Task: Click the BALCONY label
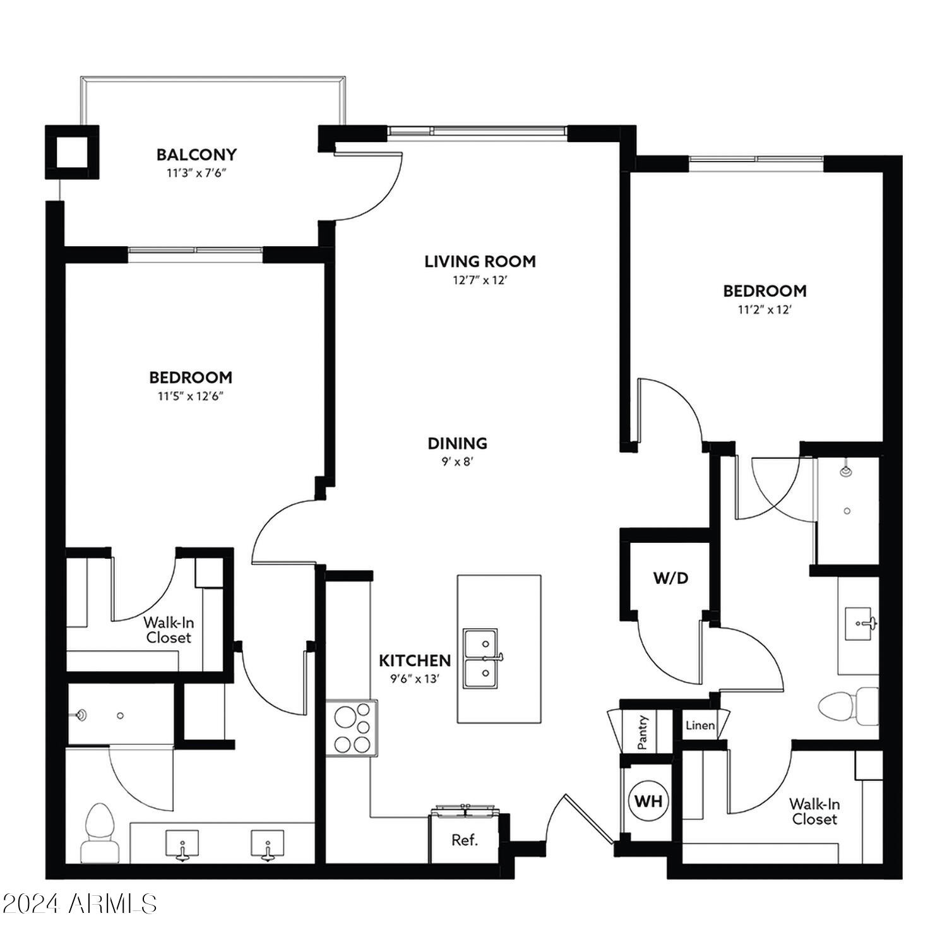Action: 196,155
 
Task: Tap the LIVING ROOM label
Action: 480,261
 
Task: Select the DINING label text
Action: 458,443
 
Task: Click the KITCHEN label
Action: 415,661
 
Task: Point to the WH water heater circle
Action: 648,801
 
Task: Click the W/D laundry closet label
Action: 670,578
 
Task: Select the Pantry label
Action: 643,732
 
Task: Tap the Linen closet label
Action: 700,725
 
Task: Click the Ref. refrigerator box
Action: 465,840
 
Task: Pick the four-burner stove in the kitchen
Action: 352,729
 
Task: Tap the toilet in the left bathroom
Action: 100,832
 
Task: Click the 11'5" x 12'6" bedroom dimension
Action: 191,396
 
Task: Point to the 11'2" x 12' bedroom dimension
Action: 765,310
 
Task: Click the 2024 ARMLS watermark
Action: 79,904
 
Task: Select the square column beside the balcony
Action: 72,152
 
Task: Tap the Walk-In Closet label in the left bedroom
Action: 168,630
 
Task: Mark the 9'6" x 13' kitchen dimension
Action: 415,679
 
